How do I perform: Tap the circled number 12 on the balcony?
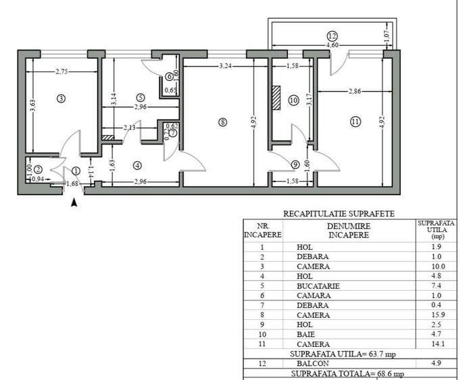(x=331, y=36)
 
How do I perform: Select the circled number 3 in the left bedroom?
(x=61, y=99)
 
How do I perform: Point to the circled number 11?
(x=355, y=121)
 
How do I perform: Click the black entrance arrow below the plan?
(x=74, y=201)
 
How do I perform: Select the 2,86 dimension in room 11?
(x=354, y=90)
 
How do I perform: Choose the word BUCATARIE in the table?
(x=318, y=286)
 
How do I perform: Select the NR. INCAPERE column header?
(x=262, y=230)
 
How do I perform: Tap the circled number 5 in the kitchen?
(x=140, y=97)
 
